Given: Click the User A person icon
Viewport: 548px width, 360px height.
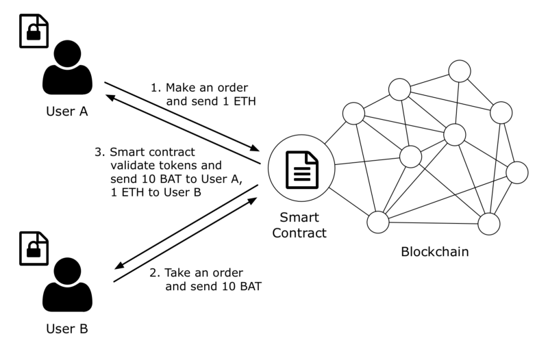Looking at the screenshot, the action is pyautogui.click(x=67, y=67).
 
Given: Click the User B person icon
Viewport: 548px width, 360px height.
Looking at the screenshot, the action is pyautogui.click(x=67, y=285).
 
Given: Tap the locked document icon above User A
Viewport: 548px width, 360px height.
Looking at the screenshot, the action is pyautogui.click(x=34, y=31).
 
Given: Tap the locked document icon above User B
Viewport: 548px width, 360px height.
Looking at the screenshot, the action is pyautogui.click(x=34, y=248).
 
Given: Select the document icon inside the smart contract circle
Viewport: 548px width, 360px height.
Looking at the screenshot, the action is pyautogui.click(x=302, y=170).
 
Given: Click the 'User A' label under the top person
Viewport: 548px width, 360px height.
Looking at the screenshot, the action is pyautogui.click(x=66, y=112).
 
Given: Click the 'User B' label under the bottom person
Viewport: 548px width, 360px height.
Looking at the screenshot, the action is pyautogui.click(x=66, y=329).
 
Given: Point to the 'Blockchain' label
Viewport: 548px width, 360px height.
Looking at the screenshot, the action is pyautogui.click(x=435, y=252).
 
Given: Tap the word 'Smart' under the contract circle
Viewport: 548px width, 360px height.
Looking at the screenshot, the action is pyautogui.click(x=299, y=217).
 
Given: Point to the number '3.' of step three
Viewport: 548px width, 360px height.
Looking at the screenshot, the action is pyautogui.click(x=99, y=152).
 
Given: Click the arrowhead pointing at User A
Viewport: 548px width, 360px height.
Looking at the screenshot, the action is pyautogui.click(x=111, y=98).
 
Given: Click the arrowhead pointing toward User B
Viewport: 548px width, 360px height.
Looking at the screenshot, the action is pyautogui.click(x=120, y=265).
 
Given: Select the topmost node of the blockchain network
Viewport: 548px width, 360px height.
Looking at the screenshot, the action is pyautogui.click(x=459, y=71).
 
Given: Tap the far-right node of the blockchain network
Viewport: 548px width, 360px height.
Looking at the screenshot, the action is pyautogui.click(x=517, y=172).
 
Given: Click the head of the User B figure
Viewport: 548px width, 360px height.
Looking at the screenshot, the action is pyautogui.click(x=67, y=271).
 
